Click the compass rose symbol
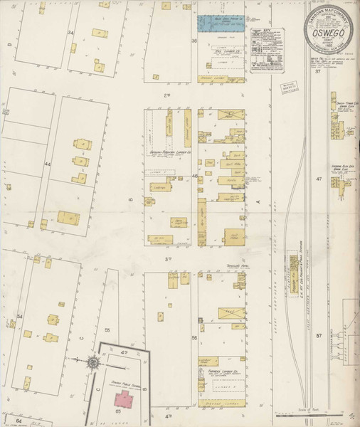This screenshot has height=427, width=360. (x=92, y=363)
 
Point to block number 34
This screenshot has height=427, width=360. (x=70, y=33)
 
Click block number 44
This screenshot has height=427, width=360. (x=48, y=164)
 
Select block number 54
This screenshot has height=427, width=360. (x=20, y=315)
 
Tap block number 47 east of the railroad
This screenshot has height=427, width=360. (x=319, y=179)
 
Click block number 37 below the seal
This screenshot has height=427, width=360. (x=319, y=72)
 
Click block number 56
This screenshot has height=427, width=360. (x=194, y=337)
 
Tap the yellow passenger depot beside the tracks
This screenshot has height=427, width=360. (x=292, y=268)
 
